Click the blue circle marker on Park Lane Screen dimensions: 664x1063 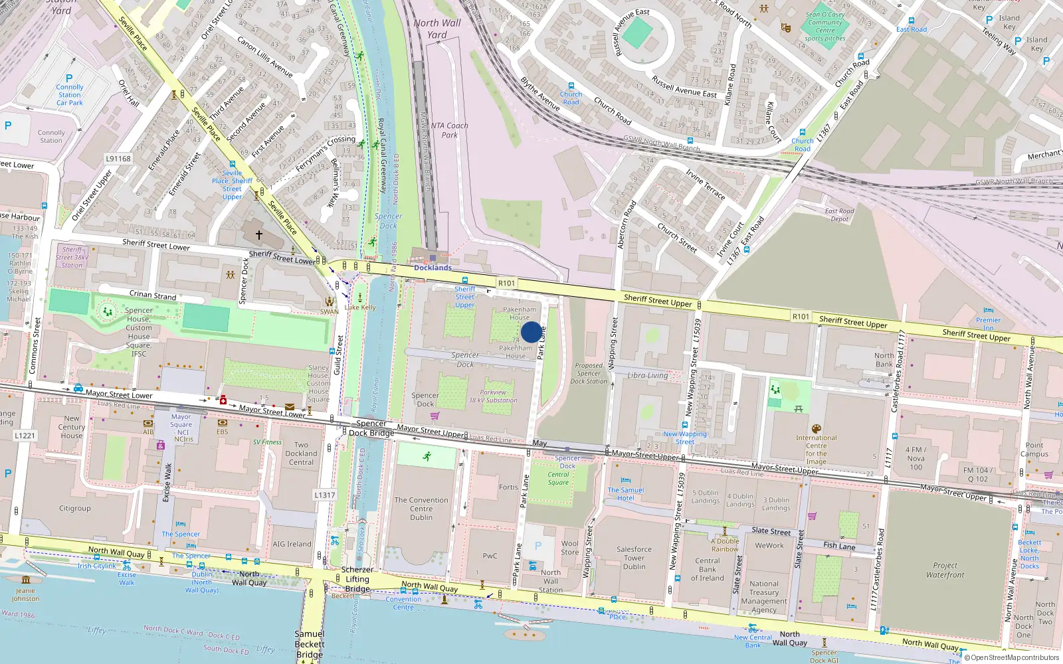(x=531, y=332)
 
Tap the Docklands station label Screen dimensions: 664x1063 (x=433, y=268)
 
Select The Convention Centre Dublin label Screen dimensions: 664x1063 (x=421, y=509)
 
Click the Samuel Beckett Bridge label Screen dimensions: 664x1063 (x=310, y=644)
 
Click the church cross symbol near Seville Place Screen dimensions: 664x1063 (x=259, y=234)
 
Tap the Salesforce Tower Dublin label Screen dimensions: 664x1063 (x=634, y=558)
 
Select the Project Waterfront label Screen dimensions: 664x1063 (x=945, y=570)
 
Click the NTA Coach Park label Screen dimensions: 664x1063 (x=450, y=130)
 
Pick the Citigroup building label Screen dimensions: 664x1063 (x=74, y=509)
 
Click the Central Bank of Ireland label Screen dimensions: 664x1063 (x=707, y=569)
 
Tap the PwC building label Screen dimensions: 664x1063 (x=490, y=556)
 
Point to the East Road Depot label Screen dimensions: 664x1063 (x=839, y=215)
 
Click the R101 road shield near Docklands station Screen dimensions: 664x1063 (x=506, y=284)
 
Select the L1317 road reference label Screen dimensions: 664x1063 (x=324, y=495)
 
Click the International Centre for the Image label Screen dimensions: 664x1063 (x=816, y=450)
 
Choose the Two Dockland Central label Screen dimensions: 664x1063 (x=301, y=454)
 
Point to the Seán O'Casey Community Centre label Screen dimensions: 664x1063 (x=825, y=27)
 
